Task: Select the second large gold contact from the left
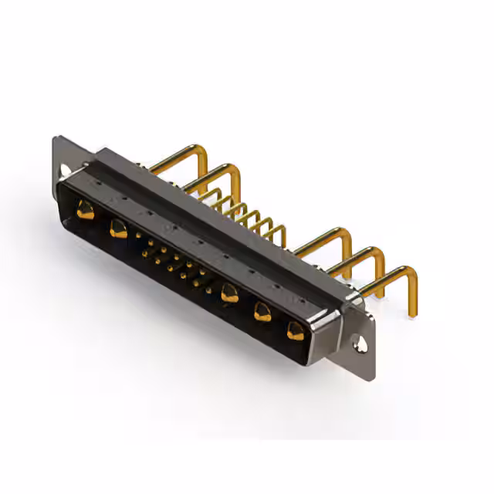(x=118, y=228)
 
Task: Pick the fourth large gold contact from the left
(x=262, y=312)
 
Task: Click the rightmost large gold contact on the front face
(x=295, y=331)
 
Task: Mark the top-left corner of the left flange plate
(x=56, y=139)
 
